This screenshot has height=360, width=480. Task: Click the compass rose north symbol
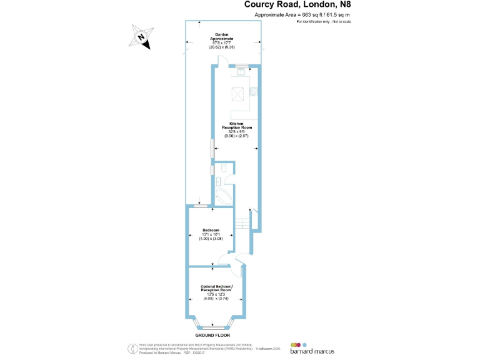pos(142,37)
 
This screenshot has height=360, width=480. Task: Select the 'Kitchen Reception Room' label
pos(236,129)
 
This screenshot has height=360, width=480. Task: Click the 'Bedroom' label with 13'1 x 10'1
pos(211,234)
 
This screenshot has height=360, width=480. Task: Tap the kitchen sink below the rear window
pos(239,72)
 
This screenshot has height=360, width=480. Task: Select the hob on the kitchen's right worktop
pos(254,92)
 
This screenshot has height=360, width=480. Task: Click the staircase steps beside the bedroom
pos(242,222)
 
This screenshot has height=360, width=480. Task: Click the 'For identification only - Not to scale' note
pos(328,21)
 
